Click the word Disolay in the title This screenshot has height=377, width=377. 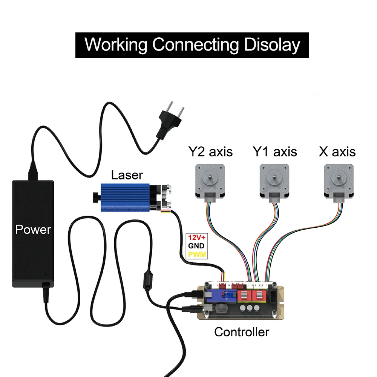pyautogui.click(x=272, y=45)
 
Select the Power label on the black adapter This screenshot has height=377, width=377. pyautogui.click(x=33, y=229)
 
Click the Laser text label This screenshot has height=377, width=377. pyautogui.click(x=127, y=175)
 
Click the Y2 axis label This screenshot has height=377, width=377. pyautogui.click(x=210, y=152)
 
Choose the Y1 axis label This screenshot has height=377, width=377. pyautogui.click(x=274, y=152)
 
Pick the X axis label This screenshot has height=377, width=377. pyautogui.click(x=337, y=152)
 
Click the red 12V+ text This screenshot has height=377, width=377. pyautogui.click(x=197, y=238)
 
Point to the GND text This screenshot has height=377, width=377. pyautogui.click(x=197, y=246)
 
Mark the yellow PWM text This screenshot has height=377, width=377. pyautogui.click(x=197, y=254)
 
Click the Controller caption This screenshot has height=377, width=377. pyautogui.click(x=242, y=332)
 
